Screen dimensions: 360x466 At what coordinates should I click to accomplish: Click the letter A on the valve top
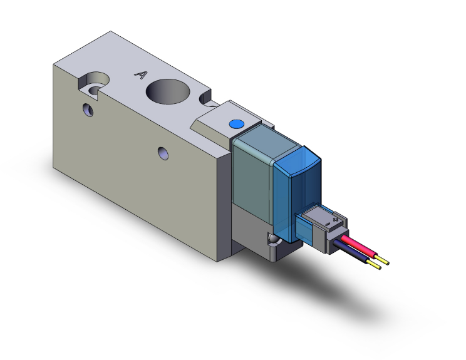141,75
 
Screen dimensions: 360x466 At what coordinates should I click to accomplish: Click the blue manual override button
236,125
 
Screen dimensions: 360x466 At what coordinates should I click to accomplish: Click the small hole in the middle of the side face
163,152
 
